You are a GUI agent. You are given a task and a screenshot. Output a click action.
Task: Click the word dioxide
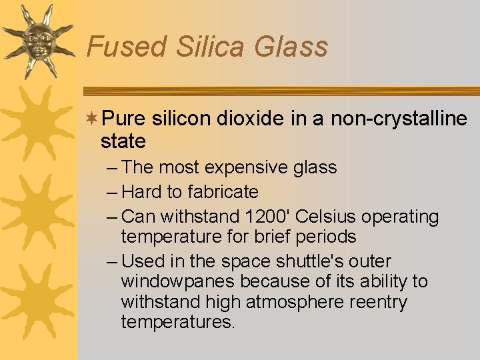coord(249,119)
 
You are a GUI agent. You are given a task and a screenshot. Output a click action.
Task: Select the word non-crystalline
coord(399,119)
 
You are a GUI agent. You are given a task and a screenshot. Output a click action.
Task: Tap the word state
coord(123,141)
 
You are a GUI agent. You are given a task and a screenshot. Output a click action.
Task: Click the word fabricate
coord(223,192)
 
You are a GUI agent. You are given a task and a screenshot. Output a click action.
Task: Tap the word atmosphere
coord(292,302)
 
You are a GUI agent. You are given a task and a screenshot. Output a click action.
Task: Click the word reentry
coord(375,302)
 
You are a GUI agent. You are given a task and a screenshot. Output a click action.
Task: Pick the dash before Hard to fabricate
coord(112,192)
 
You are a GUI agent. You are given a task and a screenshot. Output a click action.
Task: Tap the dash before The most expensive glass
coord(112,167)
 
